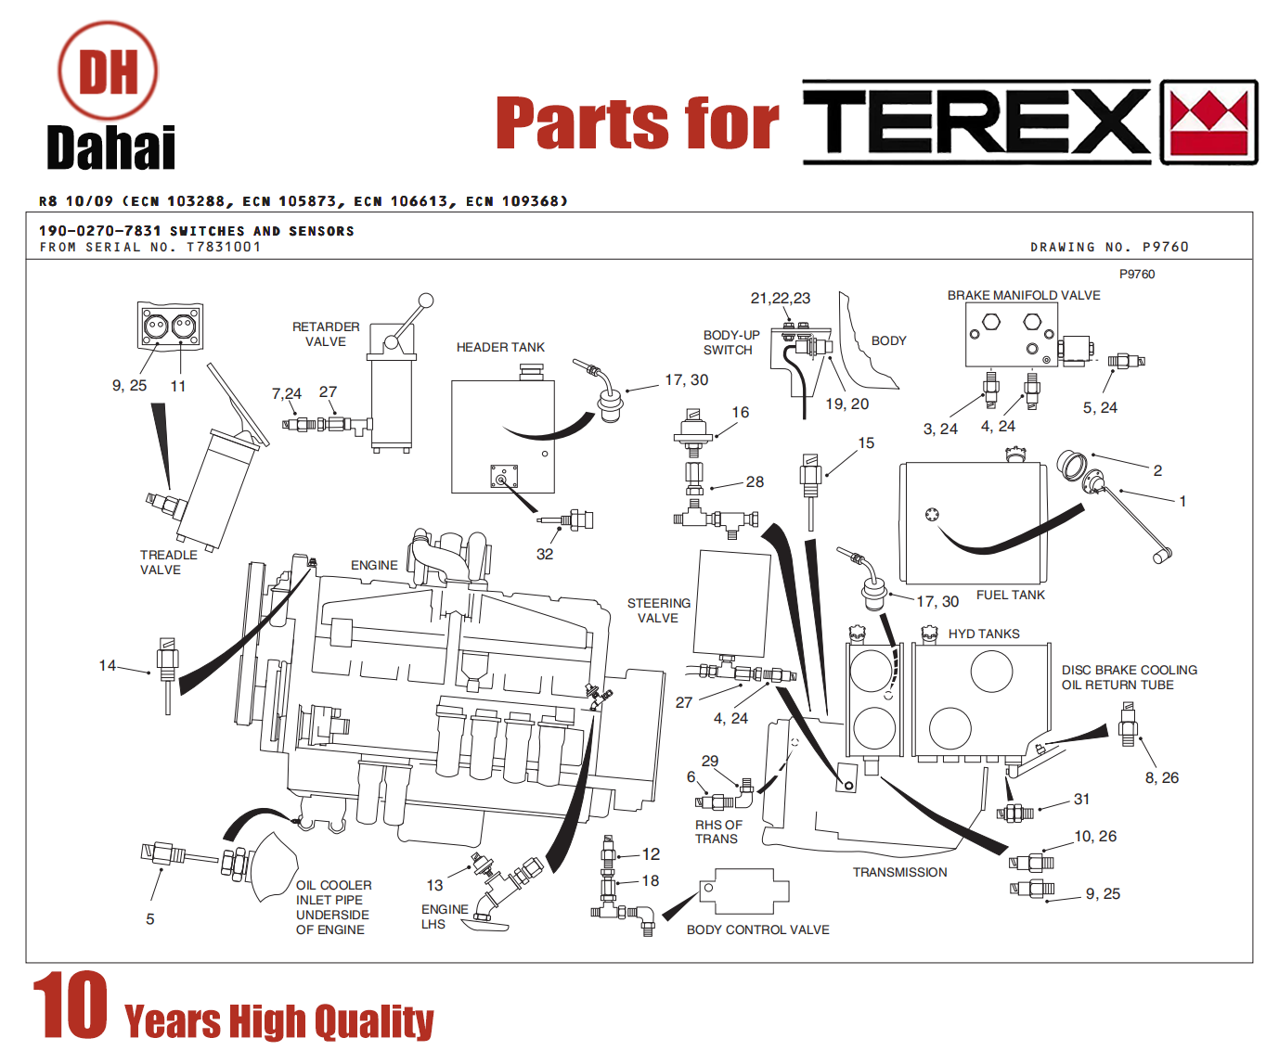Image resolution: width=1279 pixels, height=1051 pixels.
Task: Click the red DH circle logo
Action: coord(108,70)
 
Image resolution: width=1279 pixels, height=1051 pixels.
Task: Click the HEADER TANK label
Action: coord(500,347)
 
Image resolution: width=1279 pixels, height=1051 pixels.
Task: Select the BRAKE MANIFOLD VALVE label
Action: coord(1024,295)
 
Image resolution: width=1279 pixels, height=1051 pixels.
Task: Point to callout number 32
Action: coord(545,554)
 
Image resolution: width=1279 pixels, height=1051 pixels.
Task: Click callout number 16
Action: coord(741,412)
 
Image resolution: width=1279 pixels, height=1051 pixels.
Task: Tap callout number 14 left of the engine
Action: coord(108,665)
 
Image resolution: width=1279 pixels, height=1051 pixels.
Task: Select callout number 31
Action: coord(1081,799)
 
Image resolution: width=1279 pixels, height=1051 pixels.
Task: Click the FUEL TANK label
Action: coord(1011,596)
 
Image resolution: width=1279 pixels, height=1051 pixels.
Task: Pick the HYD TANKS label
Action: coord(984,634)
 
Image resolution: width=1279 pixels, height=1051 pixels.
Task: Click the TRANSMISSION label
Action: coord(900,872)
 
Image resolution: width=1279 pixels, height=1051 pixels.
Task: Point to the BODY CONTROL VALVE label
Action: coord(758,929)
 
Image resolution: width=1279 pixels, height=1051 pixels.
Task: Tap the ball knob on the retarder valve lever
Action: coord(426,301)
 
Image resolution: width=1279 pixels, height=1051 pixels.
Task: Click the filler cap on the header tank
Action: coord(531,372)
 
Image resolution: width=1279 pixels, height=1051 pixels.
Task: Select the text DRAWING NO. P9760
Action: coord(1109,247)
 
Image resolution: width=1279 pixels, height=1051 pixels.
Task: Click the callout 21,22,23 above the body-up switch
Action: coord(781,298)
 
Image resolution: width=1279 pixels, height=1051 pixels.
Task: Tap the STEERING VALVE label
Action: coord(659,610)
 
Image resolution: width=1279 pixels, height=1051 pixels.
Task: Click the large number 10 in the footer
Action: coord(71,1005)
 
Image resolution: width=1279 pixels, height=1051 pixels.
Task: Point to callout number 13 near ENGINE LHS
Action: coord(434,886)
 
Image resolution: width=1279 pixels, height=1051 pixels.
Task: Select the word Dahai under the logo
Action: coord(111,147)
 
